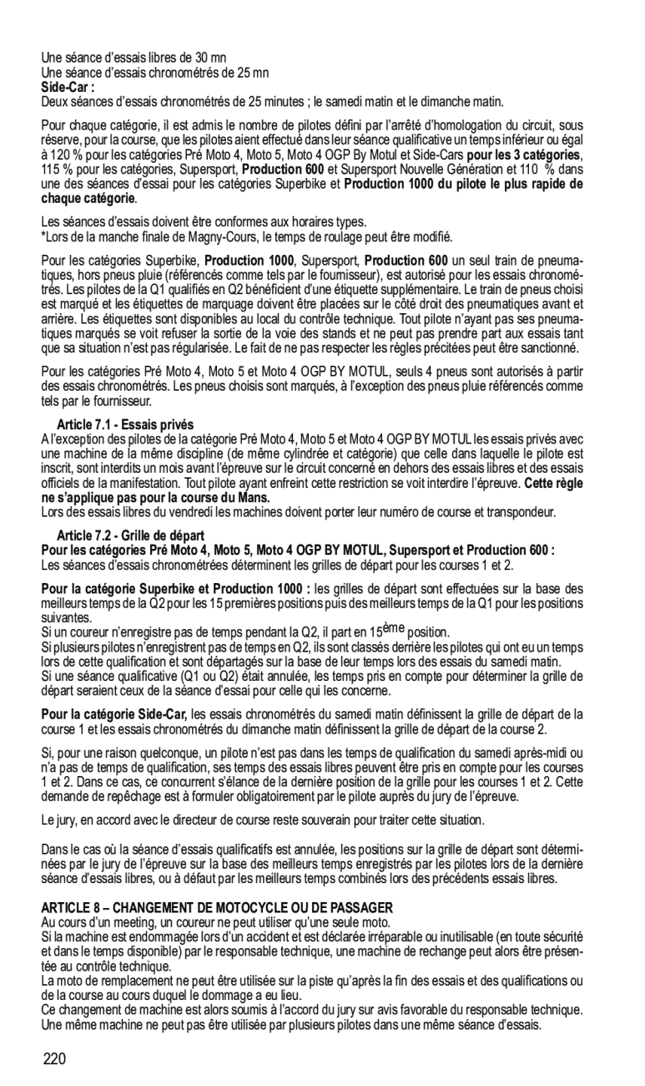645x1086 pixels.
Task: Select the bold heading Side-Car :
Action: pos(68,87)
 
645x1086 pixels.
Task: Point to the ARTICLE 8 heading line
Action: pos(217,906)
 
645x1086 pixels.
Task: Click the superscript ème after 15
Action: pos(394,627)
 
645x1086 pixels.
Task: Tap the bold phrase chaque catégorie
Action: pos(88,197)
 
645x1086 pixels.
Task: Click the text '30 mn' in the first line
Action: pos(210,58)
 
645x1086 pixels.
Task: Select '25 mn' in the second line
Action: pos(253,73)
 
